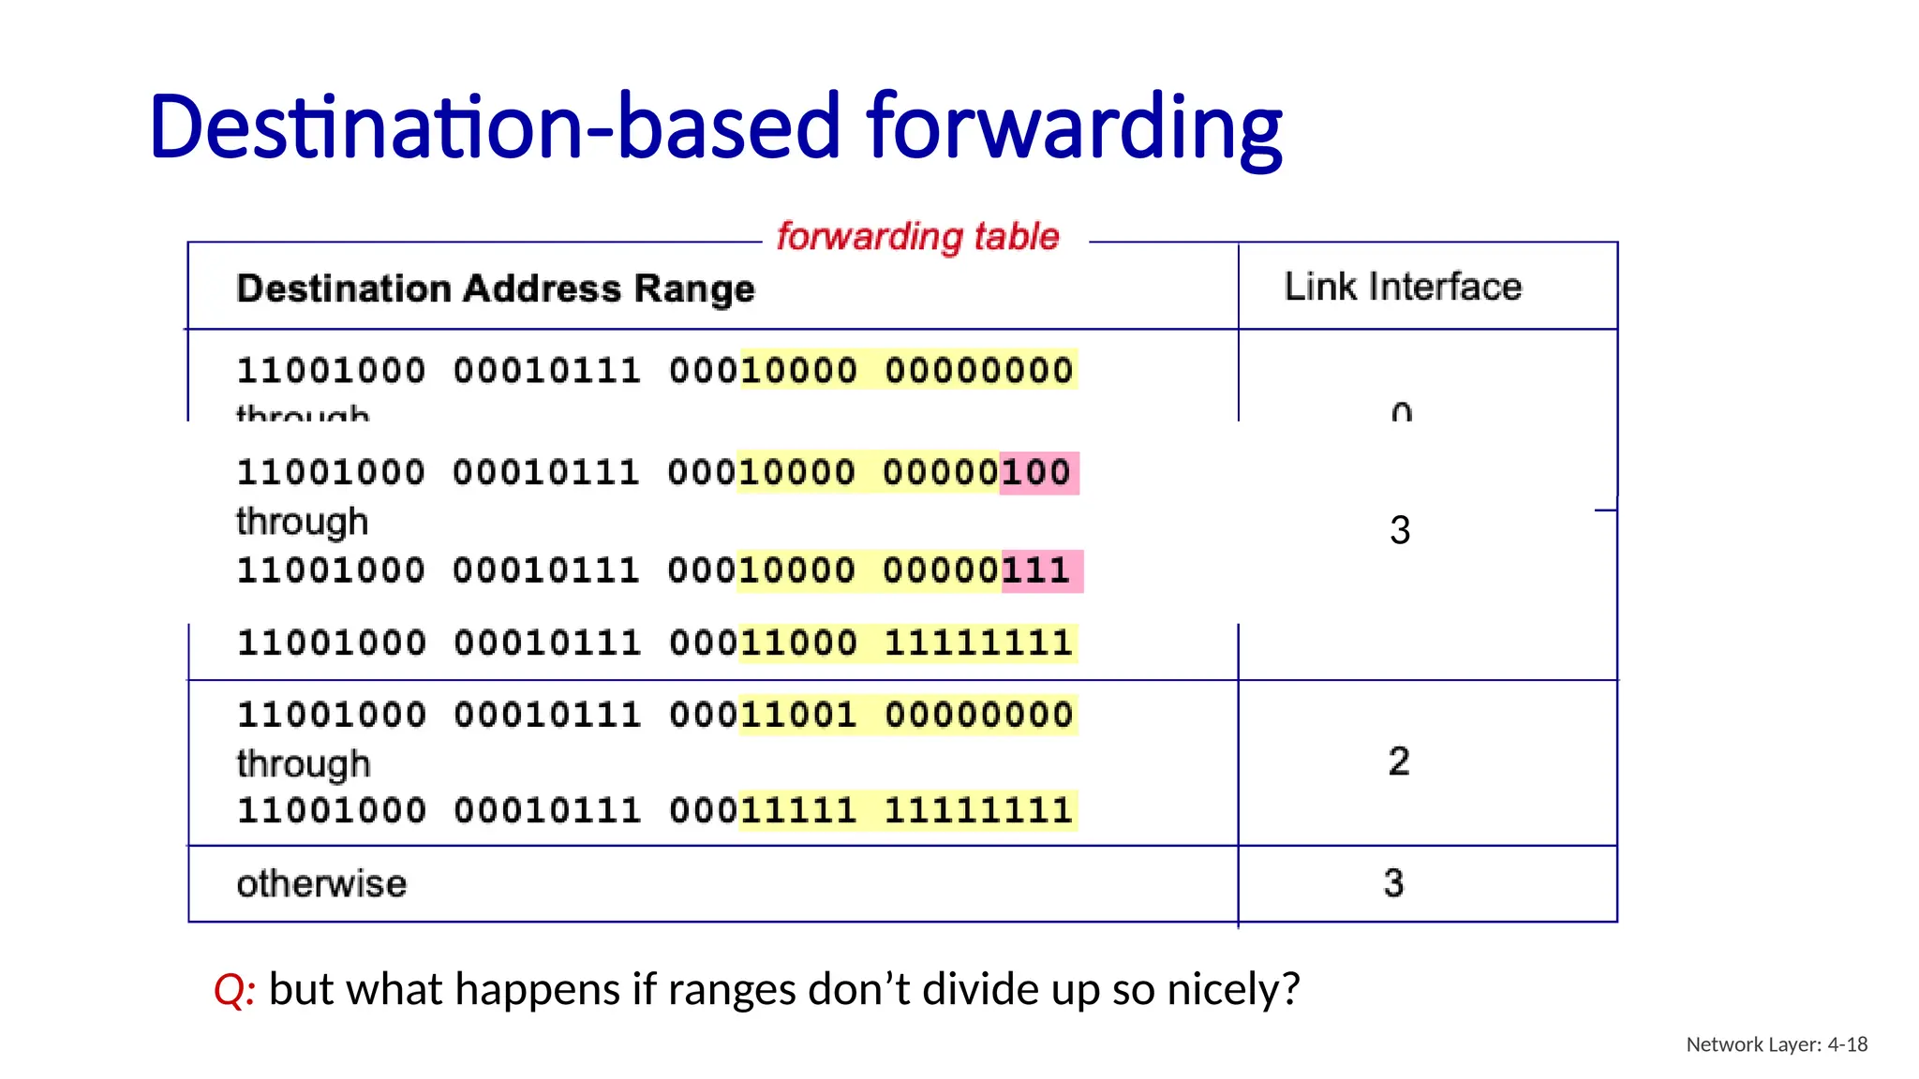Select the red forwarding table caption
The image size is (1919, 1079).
917,236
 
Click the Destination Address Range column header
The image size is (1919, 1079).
495,288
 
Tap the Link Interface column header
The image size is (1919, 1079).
1403,287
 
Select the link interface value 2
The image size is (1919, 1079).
1398,761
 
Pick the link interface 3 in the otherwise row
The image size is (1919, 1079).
1393,883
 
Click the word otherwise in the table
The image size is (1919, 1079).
321,883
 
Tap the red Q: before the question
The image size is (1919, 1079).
234,990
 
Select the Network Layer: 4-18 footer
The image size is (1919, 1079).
1777,1044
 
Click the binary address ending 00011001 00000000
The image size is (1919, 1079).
655,716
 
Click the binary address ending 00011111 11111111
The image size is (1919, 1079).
655,811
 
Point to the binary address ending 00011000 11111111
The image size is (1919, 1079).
655,643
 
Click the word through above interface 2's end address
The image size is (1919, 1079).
303,764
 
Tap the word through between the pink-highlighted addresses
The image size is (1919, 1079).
302,522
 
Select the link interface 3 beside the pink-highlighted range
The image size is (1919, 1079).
1399,531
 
